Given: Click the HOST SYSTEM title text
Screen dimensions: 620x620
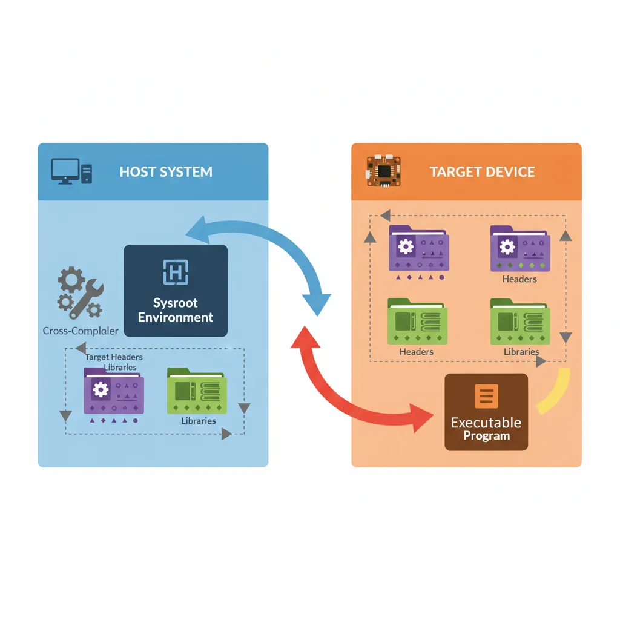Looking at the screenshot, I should click(166, 171).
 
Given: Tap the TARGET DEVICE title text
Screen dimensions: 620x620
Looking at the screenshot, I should click(482, 171).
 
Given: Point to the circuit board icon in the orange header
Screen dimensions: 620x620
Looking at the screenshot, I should click(380, 170).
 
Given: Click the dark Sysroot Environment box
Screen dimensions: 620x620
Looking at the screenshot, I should click(176, 291).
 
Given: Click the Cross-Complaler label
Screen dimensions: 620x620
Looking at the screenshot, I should click(81, 331).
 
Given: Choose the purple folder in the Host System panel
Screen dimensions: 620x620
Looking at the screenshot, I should click(113, 393).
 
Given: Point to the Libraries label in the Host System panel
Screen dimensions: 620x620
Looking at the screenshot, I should click(198, 421).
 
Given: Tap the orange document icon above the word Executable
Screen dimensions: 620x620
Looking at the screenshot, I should click(487, 396).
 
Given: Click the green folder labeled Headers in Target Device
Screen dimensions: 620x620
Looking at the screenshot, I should click(417, 323).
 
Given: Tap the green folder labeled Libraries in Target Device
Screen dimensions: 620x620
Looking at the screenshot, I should click(520, 323).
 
